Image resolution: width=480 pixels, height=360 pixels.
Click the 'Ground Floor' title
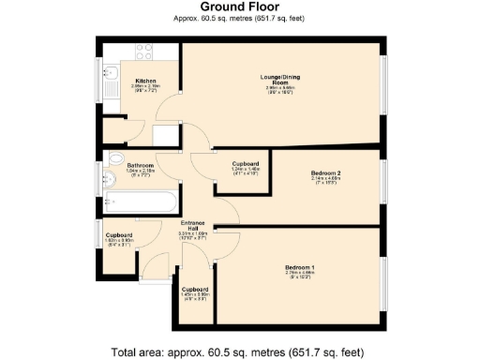239,7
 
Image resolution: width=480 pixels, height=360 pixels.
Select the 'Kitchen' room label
144,80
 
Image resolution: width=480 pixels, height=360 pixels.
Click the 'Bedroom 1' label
300,268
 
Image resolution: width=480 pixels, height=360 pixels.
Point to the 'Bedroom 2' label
324,172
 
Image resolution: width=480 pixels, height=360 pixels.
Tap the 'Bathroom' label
141,165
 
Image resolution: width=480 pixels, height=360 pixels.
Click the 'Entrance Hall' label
193,226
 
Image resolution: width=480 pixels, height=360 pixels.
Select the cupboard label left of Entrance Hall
118,235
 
